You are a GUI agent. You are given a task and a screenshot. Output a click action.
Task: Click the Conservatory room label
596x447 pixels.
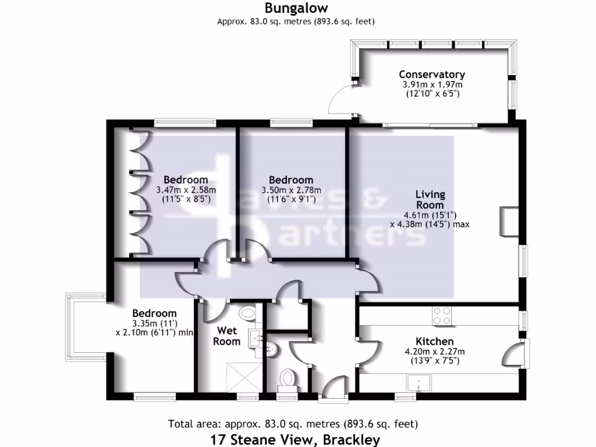431,74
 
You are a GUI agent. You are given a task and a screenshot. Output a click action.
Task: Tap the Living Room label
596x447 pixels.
430,199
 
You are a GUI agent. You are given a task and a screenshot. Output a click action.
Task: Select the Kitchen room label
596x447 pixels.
434,341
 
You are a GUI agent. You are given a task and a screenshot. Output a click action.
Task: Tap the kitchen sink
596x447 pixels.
418,384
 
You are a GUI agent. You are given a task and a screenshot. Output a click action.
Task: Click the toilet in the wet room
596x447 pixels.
247,313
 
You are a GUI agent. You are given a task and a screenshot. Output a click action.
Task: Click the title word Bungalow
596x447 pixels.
296,8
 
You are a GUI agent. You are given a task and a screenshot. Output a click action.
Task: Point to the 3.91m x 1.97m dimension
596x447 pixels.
431,85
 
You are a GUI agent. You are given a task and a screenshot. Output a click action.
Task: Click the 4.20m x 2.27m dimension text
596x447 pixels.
434,352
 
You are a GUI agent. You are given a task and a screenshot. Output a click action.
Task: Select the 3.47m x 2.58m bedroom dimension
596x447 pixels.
186,190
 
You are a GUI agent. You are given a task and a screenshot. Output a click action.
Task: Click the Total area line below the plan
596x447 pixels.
292,424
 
